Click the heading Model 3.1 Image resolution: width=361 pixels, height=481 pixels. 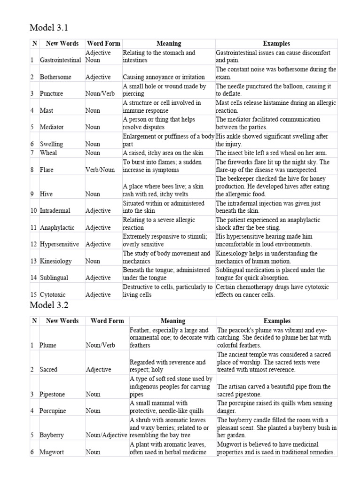click(49, 28)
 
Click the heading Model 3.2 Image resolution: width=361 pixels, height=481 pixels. click(49, 305)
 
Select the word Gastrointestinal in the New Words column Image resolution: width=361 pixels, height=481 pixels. click(61, 61)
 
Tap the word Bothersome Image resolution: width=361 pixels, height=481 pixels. click(55, 77)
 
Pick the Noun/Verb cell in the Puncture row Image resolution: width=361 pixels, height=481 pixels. click(100, 94)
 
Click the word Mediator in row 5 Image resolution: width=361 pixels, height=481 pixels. click(52, 127)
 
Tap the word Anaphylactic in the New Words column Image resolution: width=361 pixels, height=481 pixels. click(57, 228)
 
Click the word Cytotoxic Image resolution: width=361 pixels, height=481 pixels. click(53, 295)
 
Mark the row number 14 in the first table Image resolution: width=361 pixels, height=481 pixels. click(34, 278)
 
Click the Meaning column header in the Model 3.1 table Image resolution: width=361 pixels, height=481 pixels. click(168, 44)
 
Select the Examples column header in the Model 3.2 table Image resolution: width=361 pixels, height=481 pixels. click(276, 321)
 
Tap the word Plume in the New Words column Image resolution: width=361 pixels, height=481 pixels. click(48, 345)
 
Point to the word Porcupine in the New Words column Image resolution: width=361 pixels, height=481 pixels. click(53, 411)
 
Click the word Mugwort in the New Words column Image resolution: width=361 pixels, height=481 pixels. click(52, 452)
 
